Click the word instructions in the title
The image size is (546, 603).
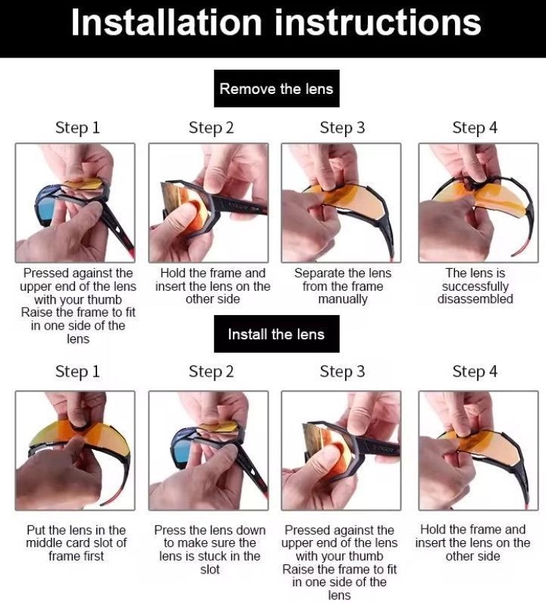point(378,23)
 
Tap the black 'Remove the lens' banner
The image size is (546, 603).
point(277,89)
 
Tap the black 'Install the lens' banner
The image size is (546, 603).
point(277,334)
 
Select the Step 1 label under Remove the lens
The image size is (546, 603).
point(77,128)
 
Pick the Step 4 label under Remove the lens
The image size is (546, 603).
point(475,128)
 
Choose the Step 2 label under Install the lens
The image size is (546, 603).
point(211,372)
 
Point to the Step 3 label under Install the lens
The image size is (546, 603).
point(342,372)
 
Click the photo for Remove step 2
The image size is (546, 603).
point(209,203)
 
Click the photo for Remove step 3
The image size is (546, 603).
point(340,203)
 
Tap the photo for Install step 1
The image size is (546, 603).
point(75,451)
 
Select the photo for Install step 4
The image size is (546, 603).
point(479,451)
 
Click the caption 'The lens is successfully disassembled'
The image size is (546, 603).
point(475,286)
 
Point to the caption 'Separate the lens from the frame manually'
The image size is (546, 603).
point(343,286)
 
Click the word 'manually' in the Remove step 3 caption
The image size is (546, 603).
point(343,299)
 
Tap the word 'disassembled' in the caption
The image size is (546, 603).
point(475,298)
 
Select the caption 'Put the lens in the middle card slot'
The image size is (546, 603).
point(77,543)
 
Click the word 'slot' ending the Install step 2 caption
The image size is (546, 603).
point(210,570)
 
